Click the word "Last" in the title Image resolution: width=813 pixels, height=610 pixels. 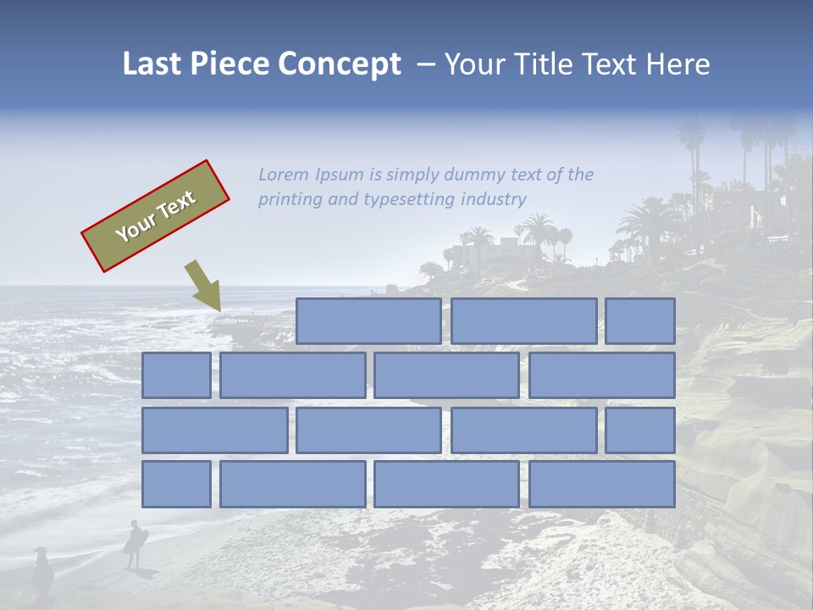tap(154, 64)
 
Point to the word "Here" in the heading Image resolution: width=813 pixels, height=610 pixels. tap(677, 64)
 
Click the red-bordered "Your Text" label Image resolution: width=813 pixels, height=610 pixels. tap(155, 215)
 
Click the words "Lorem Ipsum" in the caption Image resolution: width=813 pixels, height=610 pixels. tap(310, 175)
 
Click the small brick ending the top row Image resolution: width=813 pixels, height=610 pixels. tap(640, 320)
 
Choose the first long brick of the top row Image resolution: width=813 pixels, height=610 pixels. tap(368, 320)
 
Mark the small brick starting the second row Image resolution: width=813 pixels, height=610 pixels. tap(176, 375)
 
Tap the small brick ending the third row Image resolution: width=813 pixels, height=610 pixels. tap(640, 430)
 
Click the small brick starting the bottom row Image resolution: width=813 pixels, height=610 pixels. tap(176, 484)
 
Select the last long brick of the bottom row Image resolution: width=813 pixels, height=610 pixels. tap(601, 484)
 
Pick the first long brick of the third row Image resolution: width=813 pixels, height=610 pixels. tap(214, 430)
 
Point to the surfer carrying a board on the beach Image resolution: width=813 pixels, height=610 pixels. tap(135, 543)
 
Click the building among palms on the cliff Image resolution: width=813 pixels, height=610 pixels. tap(500, 252)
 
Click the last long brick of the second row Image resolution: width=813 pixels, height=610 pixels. tap(601, 375)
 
